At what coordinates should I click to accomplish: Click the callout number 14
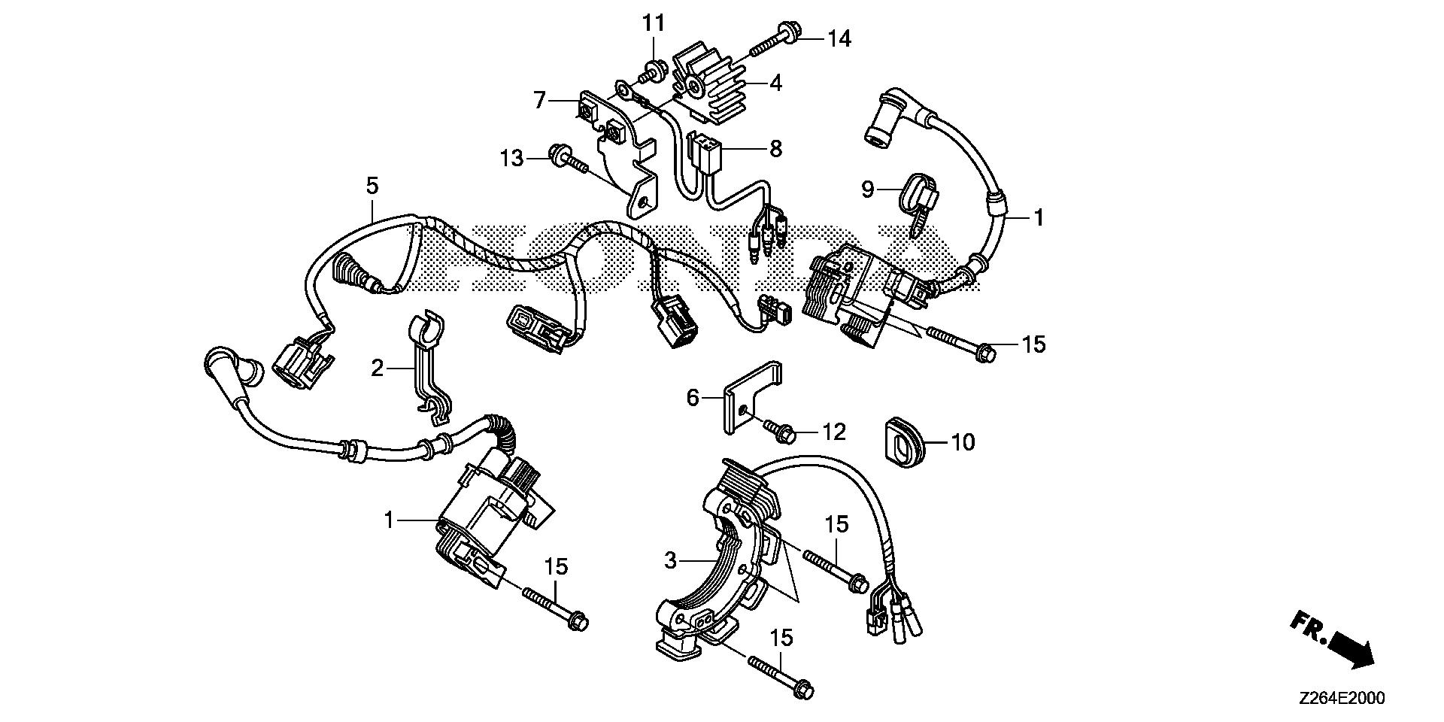tap(839, 38)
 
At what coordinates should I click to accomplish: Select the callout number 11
tap(654, 23)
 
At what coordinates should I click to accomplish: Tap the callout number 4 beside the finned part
tap(775, 83)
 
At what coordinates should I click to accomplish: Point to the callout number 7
tap(538, 100)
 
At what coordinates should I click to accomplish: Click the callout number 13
tap(511, 159)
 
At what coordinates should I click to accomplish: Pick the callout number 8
tap(775, 148)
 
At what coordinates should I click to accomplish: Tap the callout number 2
tap(377, 368)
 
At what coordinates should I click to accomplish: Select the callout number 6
tap(693, 396)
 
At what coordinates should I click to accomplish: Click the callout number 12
tap(833, 432)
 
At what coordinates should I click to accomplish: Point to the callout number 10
tap(963, 441)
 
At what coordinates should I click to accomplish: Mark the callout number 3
tap(672, 560)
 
